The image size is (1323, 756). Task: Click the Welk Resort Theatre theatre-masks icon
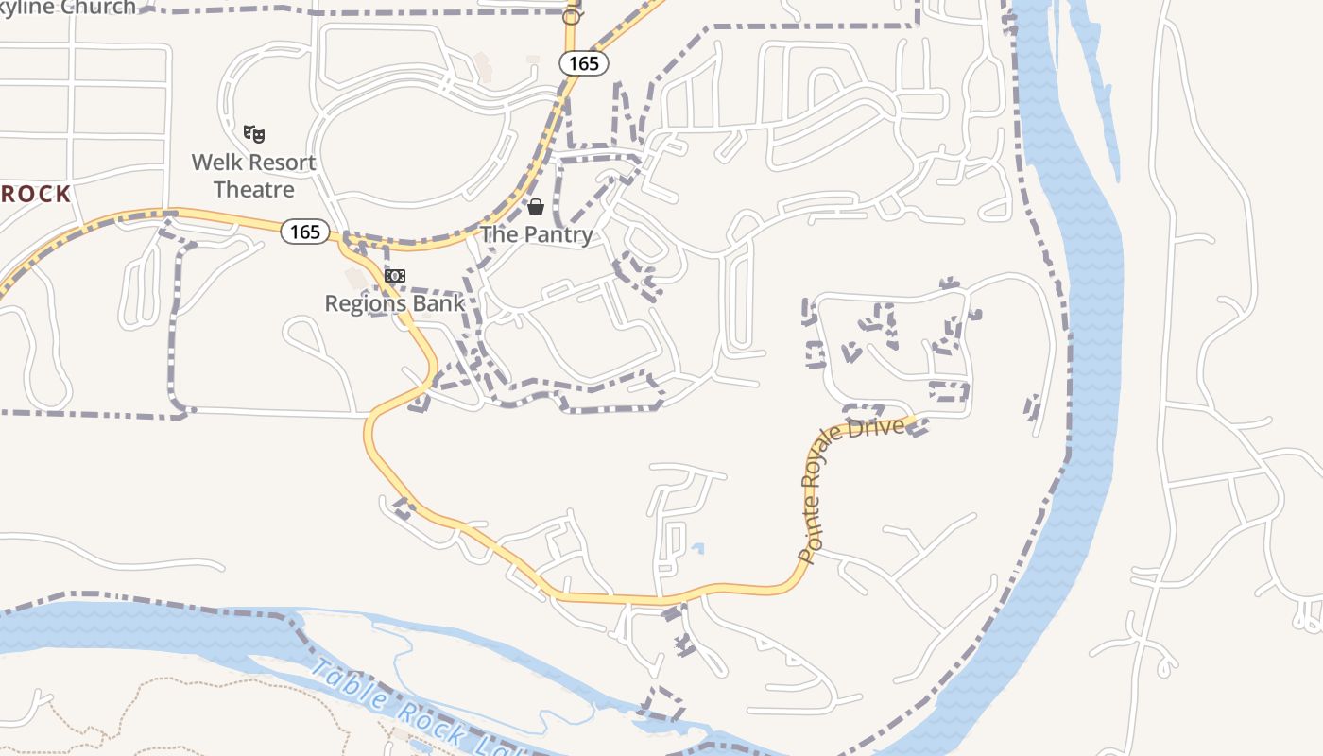coord(253,134)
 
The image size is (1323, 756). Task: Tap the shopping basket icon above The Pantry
coord(536,207)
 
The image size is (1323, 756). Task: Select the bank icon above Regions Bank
coord(395,276)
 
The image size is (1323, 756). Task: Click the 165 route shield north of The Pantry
coord(583,63)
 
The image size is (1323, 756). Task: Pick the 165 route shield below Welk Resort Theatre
coord(305,232)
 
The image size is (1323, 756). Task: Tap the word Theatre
coord(253,189)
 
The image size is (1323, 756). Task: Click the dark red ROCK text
coord(35,195)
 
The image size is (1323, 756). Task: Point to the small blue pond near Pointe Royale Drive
coord(697,547)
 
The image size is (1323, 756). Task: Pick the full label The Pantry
coord(537,234)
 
